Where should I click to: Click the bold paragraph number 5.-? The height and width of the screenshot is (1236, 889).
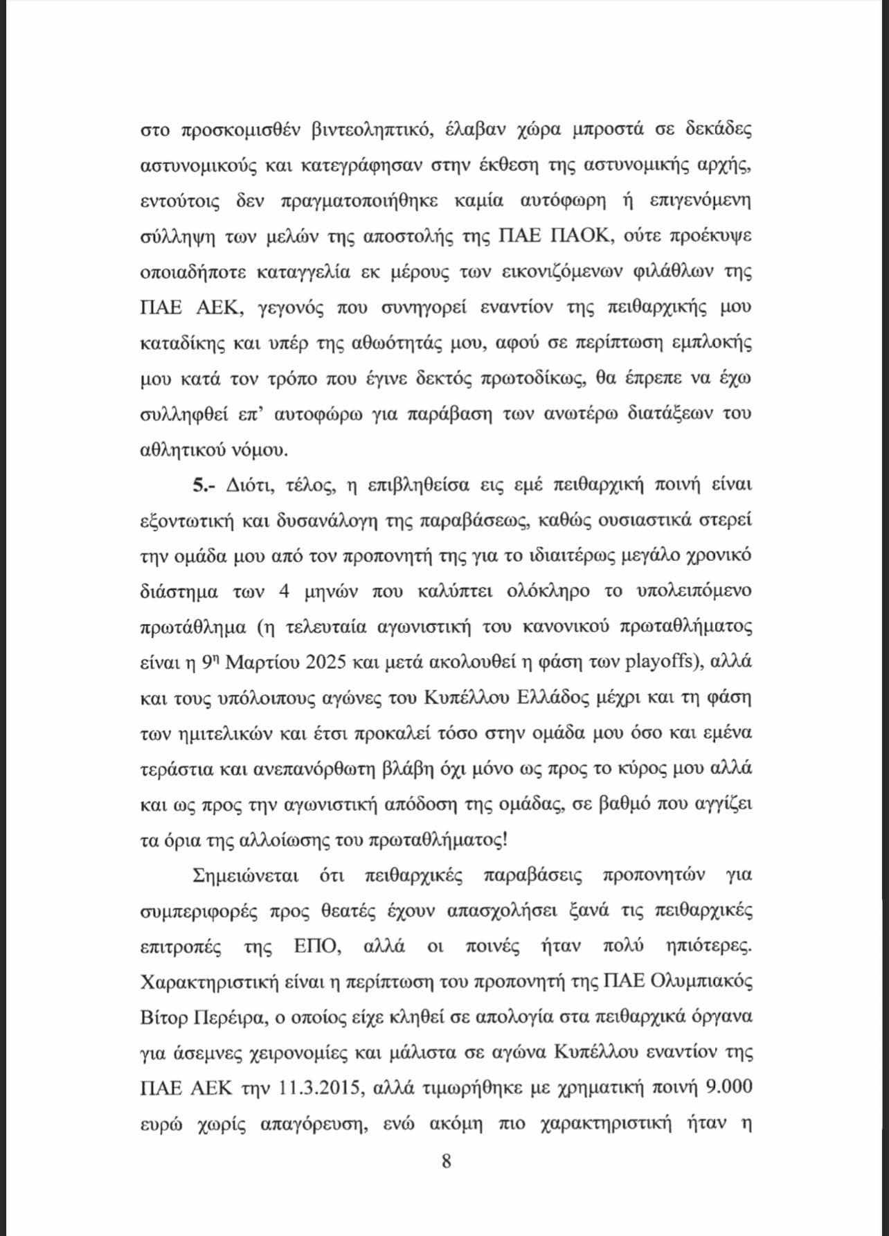pyautogui.click(x=205, y=485)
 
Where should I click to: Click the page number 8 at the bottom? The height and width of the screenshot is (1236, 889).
pyautogui.click(x=446, y=1161)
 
